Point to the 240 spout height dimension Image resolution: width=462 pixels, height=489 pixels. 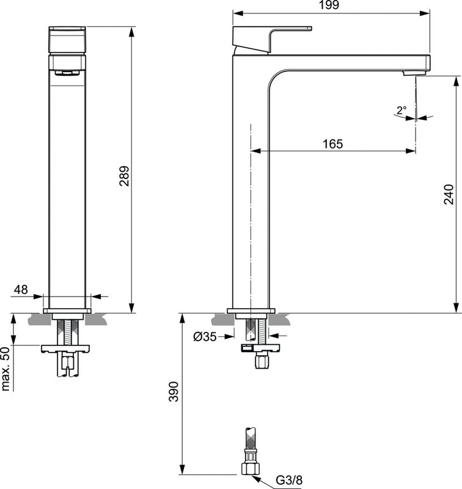[x=449, y=194]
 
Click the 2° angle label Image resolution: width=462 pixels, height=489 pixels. [x=401, y=111]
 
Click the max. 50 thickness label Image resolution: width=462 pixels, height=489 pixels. [x=6, y=368]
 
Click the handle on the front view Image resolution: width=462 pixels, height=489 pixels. [x=67, y=40]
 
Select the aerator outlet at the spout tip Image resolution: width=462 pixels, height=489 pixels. [x=410, y=73]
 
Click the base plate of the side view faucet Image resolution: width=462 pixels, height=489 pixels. [x=252, y=310]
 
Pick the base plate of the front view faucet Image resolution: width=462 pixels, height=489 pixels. [x=67, y=310]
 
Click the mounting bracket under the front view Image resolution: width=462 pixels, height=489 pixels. [x=66, y=349]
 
